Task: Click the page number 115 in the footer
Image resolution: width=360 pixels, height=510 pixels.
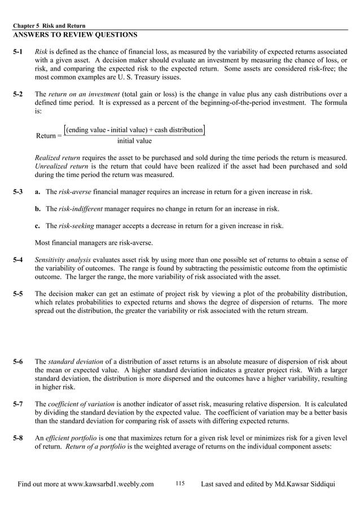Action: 180,483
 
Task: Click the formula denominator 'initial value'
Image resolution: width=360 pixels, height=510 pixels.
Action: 134,141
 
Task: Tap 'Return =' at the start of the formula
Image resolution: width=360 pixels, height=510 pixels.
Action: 49,136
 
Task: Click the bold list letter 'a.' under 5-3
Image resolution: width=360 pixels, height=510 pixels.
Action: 38,193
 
